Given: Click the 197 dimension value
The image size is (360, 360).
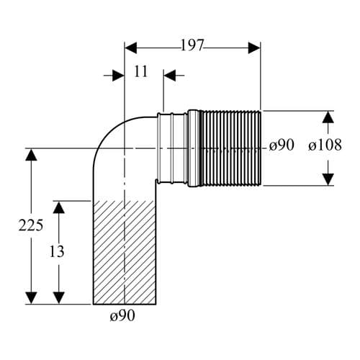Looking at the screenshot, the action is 192,45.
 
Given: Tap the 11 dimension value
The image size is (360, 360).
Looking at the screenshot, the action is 140,71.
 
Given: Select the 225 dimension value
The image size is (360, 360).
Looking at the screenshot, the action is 31,225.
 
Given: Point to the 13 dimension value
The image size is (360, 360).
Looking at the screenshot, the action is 57,251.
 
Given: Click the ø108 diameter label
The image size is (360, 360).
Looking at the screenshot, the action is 325,145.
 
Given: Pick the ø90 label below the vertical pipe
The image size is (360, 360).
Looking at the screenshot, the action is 122,315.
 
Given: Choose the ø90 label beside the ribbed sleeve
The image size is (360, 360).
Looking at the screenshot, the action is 282,145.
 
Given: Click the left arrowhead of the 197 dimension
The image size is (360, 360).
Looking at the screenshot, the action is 131,48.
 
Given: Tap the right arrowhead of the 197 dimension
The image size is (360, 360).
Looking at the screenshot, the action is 254,48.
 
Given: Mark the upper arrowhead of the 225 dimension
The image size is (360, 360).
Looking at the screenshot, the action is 31,155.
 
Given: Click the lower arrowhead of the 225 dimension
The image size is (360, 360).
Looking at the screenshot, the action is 31,298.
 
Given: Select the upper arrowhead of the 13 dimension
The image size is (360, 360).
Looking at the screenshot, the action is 59,207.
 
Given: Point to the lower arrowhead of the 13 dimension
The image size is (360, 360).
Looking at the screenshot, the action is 59,298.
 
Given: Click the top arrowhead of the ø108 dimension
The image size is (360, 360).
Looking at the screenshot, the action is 328,117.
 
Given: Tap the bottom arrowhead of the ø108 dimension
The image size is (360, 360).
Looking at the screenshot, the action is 328,179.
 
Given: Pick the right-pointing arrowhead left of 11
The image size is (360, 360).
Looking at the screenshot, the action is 118,76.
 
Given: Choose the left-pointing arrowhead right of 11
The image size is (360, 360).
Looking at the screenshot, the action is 170,76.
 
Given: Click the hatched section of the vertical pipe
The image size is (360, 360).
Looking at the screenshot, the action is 125,253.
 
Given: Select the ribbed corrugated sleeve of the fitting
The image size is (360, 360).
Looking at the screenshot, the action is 231,148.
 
